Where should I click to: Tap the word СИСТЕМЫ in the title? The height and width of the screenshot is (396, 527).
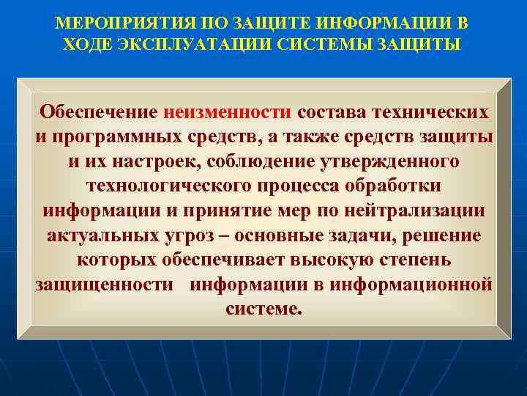[x=319, y=44]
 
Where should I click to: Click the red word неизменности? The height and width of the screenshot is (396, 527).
[x=228, y=112]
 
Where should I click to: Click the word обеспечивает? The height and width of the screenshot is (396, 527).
[x=235, y=260]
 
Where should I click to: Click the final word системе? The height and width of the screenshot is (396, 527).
[x=263, y=309]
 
